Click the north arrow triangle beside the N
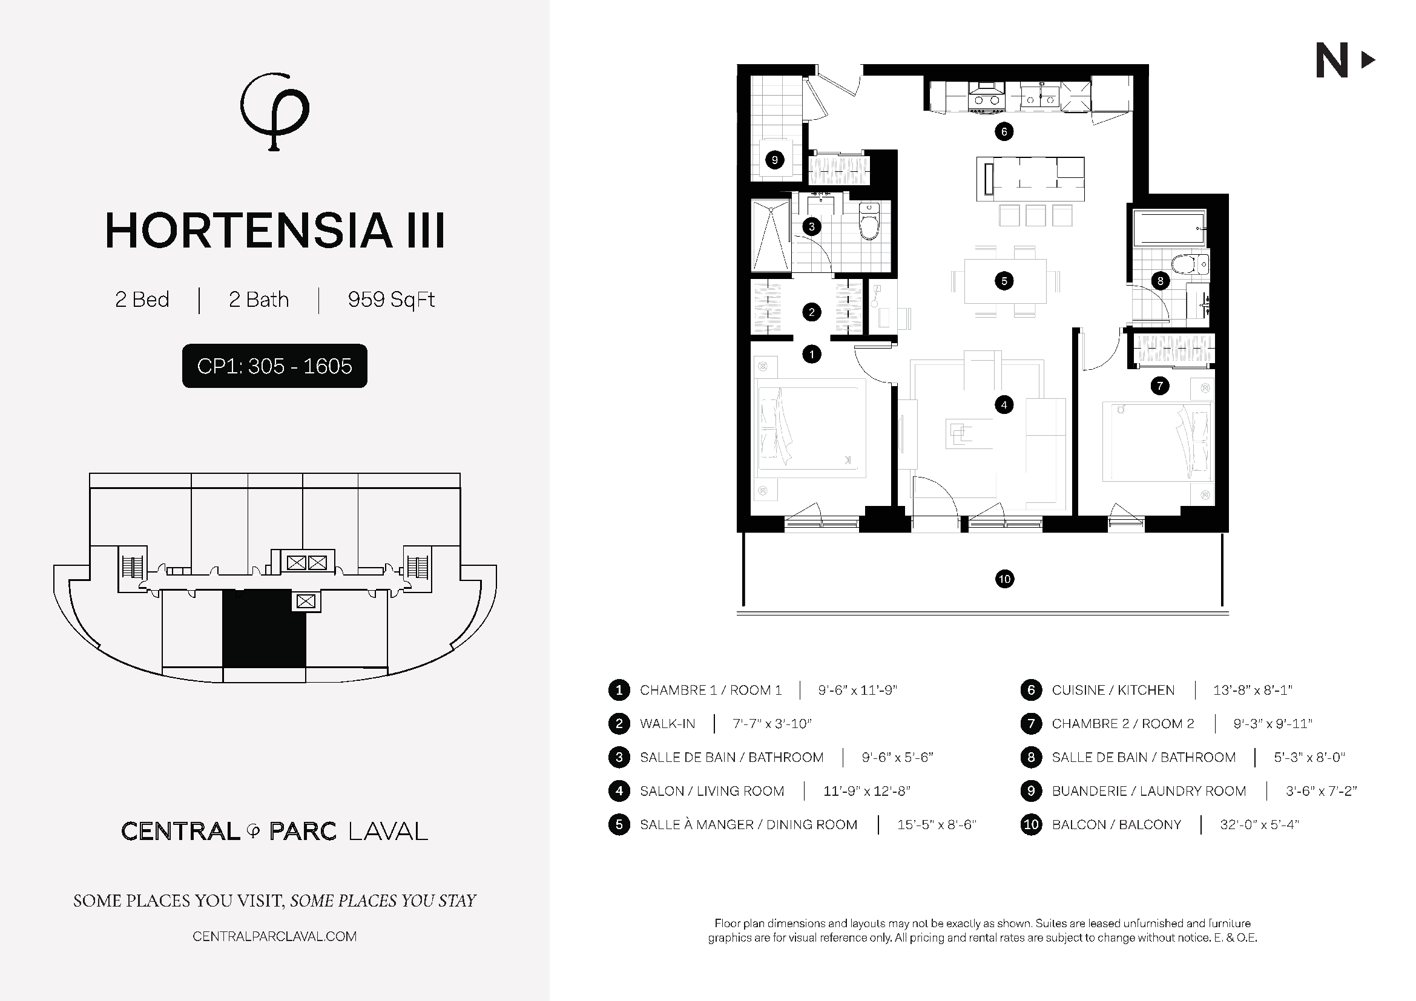(x=1368, y=60)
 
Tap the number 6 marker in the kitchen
(x=1004, y=131)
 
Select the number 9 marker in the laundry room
(x=775, y=160)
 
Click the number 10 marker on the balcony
(x=1005, y=579)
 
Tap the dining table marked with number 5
(x=1006, y=281)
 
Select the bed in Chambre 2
(x=1158, y=442)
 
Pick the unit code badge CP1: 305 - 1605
(x=274, y=366)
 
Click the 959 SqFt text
(x=391, y=300)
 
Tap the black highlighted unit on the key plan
(x=264, y=628)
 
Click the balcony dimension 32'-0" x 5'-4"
(x=1259, y=825)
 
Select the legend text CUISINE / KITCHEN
(x=1113, y=691)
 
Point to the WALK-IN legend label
(x=667, y=724)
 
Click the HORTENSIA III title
(x=275, y=231)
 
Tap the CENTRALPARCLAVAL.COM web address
(x=274, y=937)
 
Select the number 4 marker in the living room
(x=1004, y=405)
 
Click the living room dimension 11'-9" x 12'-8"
(x=866, y=791)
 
